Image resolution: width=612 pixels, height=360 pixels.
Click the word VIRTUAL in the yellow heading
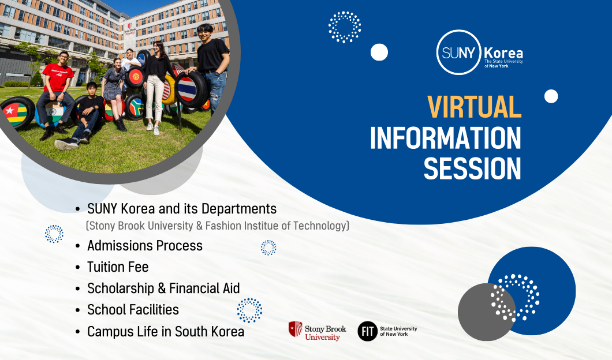click(x=474, y=107)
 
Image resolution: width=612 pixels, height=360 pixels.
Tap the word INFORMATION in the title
click(x=445, y=138)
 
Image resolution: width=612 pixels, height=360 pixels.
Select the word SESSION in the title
click(x=472, y=168)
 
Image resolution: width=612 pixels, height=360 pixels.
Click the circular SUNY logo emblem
click(x=458, y=52)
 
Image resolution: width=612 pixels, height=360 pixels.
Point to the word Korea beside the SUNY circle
click(x=503, y=53)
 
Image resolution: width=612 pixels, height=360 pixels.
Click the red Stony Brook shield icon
click(x=296, y=329)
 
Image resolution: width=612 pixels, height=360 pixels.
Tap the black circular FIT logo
click(x=368, y=331)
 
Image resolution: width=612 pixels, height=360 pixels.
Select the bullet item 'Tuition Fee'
click(x=118, y=267)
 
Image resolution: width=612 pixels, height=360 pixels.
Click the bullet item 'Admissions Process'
click(x=145, y=246)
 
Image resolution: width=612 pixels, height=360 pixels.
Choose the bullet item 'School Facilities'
click(x=133, y=310)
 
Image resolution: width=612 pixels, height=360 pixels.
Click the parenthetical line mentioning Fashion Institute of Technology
click(x=218, y=226)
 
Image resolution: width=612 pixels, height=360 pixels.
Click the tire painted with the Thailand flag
click(x=191, y=89)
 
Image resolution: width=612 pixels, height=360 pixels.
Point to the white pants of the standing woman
click(x=155, y=99)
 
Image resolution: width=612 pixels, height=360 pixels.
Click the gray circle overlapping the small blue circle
click(x=487, y=312)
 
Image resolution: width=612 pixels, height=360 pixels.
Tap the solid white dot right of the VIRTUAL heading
click(x=551, y=96)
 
